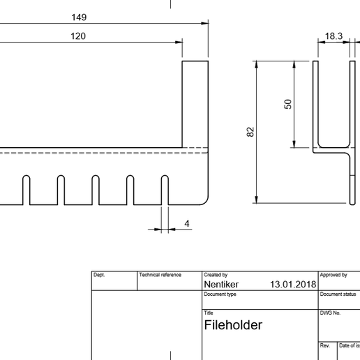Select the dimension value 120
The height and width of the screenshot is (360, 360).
(78, 36)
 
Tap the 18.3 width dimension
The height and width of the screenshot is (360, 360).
(333, 36)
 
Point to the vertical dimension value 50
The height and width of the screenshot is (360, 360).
(287, 104)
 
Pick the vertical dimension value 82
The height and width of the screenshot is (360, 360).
(250, 132)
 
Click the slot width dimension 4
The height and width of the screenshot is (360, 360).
(187, 223)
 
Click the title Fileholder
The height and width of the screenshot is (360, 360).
(233, 325)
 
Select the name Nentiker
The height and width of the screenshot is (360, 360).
(221, 285)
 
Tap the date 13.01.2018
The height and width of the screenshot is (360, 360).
(292, 285)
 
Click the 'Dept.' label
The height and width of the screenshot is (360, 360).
(99, 276)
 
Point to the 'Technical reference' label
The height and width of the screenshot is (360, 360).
(160, 276)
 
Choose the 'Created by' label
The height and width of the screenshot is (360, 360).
(216, 276)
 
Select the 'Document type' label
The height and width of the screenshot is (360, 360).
(220, 294)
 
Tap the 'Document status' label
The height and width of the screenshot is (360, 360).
(339, 294)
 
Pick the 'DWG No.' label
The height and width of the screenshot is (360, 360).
(330, 313)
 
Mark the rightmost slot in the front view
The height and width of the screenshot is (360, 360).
(165, 190)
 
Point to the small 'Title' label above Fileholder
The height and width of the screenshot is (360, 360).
(209, 313)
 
